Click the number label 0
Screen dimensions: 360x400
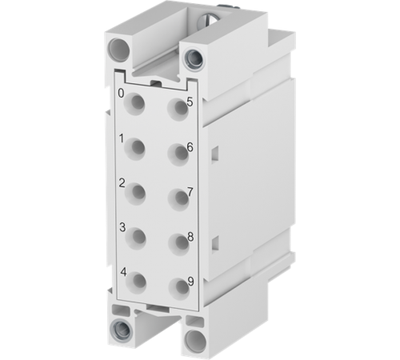click(121, 94)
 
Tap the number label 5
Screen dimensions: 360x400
click(189, 102)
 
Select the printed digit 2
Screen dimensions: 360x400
click(122, 183)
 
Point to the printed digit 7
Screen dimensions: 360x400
click(189, 192)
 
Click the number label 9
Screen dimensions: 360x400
click(190, 281)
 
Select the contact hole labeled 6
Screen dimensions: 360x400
click(174, 150)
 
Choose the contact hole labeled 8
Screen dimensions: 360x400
click(174, 239)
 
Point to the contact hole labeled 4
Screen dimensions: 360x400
click(140, 280)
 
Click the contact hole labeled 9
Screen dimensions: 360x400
click(174, 283)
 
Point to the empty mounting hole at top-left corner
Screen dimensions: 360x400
click(120, 50)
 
